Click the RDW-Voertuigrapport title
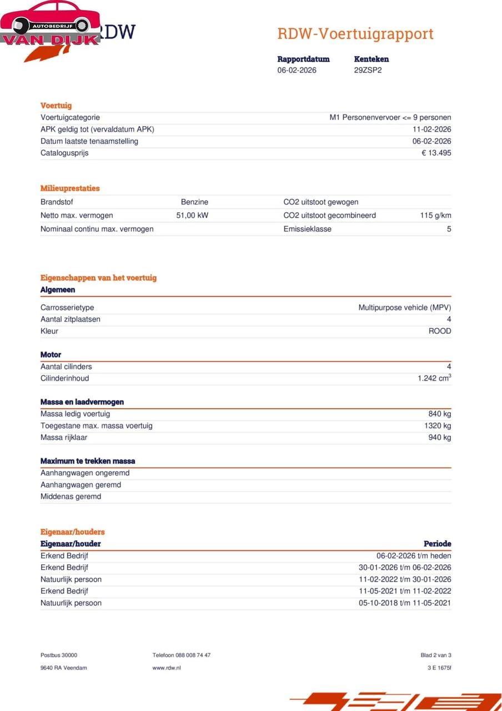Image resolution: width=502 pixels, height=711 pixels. coord(355,33)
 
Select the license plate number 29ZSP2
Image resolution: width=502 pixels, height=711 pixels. coord(368,70)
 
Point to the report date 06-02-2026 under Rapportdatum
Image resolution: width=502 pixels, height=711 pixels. coord(297,70)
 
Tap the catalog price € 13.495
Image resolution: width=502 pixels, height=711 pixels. coord(436,153)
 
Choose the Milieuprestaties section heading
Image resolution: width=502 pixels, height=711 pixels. coord(70,188)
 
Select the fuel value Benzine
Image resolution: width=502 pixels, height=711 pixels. coord(194,202)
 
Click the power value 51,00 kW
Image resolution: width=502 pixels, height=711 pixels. coord(192,216)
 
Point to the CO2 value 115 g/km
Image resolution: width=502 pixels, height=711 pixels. coord(435,216)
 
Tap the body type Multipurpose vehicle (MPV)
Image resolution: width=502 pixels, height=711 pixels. coord(404,308)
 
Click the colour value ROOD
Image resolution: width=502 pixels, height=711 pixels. coord(439,331)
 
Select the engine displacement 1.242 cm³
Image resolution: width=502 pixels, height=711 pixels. coord(434,378)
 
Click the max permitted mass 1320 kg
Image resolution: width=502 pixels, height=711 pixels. coord(438,425)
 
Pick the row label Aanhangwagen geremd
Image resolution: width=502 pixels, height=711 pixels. coord(81,485)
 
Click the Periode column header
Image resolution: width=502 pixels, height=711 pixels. coord(437,544)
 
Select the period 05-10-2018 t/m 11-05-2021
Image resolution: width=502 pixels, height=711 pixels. coord(405,603)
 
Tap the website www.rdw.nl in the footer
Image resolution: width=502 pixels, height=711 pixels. coord(167,668)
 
